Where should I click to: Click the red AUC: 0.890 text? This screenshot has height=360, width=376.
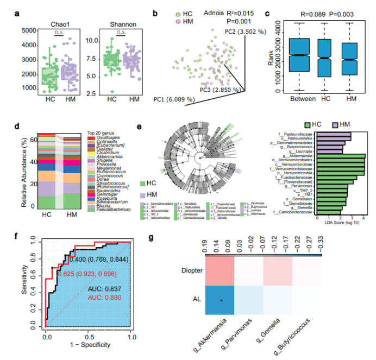(101, 298)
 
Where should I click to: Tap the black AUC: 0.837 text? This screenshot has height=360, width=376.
(101, 288)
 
